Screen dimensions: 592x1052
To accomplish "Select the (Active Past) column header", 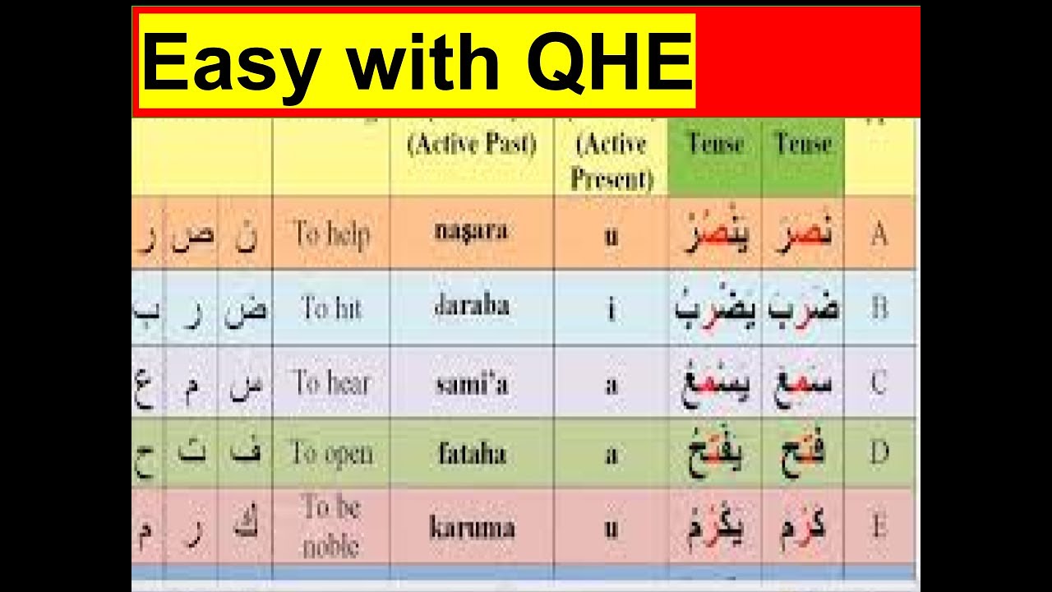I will [x=472, y=145].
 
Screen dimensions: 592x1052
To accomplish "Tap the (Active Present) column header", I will [x=611, y=161].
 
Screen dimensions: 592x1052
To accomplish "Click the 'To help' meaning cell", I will [x=331, y=234].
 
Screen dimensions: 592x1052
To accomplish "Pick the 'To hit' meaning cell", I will [x=331, y=308].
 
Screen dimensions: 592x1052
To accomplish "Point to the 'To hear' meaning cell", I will [x=331, y=382].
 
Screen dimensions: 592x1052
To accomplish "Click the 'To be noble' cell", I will [x=331, y=526].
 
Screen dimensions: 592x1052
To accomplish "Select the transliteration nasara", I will [x=471, y=230].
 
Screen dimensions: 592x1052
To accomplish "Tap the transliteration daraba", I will [x=471, y=306].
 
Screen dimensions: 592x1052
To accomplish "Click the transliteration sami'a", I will [x=471, y=383].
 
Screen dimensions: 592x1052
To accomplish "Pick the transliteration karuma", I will [x=471, y=527].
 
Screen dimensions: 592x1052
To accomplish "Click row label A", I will [x=879, y=234].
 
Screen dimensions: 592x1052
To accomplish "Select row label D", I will [x=879, y=453].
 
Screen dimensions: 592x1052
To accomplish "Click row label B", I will [x=879, y=309].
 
